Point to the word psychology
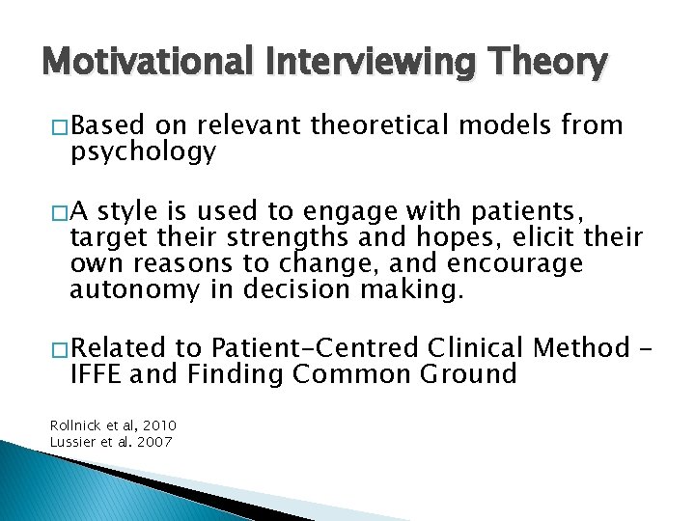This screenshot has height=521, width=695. (143, 152)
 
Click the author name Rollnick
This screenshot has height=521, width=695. (72, 425)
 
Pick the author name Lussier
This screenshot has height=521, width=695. (70, 442)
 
